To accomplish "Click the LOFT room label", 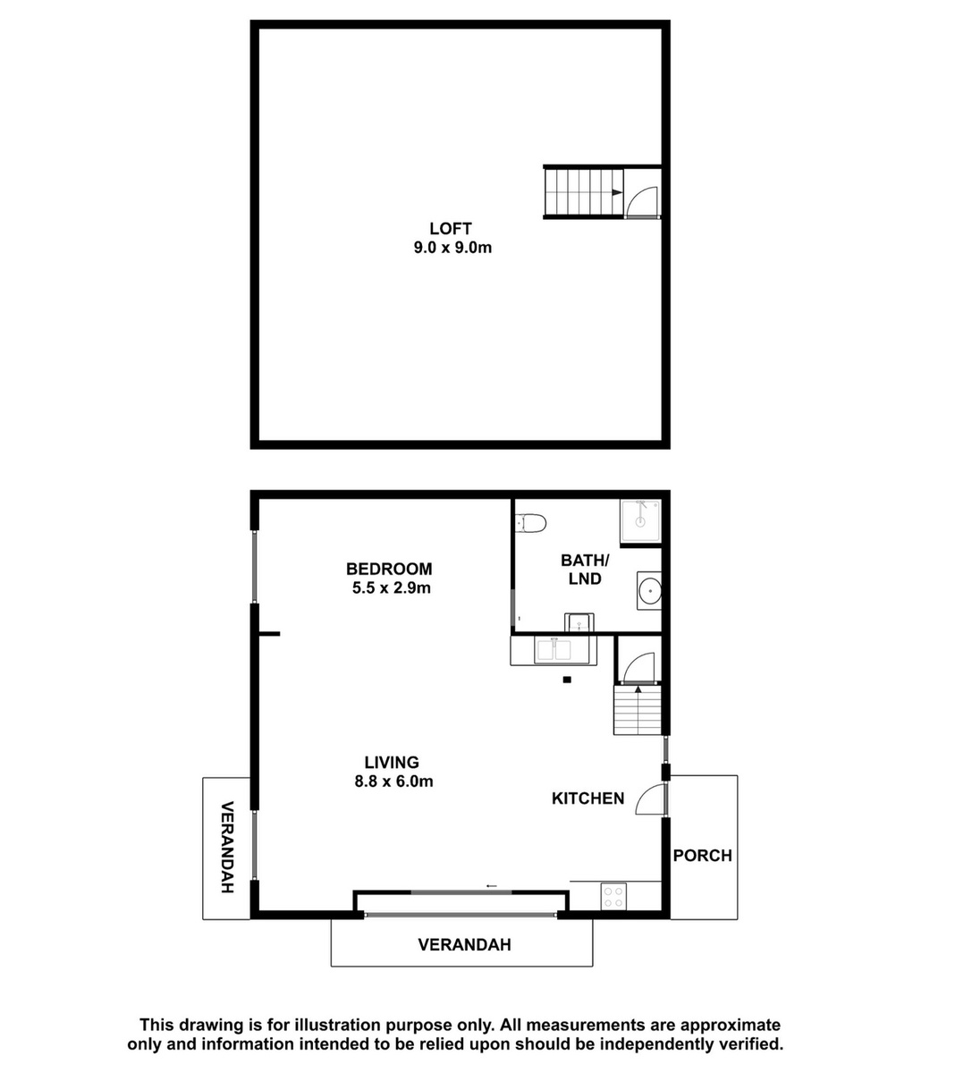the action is [x=451, y=228].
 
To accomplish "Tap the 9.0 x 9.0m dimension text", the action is [x=452, y=248].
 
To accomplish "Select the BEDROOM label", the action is [x=389, y=569].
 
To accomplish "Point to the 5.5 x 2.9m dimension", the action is [x=391, y=587].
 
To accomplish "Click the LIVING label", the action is [x=392, y=762].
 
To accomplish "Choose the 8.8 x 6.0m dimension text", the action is [x=393, y=782].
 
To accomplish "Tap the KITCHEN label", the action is [x=587, y=798].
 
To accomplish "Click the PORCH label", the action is [x=702, y=856].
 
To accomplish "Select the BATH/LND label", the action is [x=585, y=570].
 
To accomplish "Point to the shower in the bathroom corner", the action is [x=640, y=521].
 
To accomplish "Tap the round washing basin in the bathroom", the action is [x=649, y=591].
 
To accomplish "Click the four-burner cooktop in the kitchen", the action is [x=613, y=897].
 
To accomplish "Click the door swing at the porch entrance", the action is [x=650, y=799].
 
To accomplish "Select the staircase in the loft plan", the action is [x=584, y=192].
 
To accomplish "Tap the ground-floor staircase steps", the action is [x=638, y=710].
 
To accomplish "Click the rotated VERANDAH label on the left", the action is [x=227, y=848].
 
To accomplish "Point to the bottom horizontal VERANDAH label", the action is [x=464, y=944].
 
